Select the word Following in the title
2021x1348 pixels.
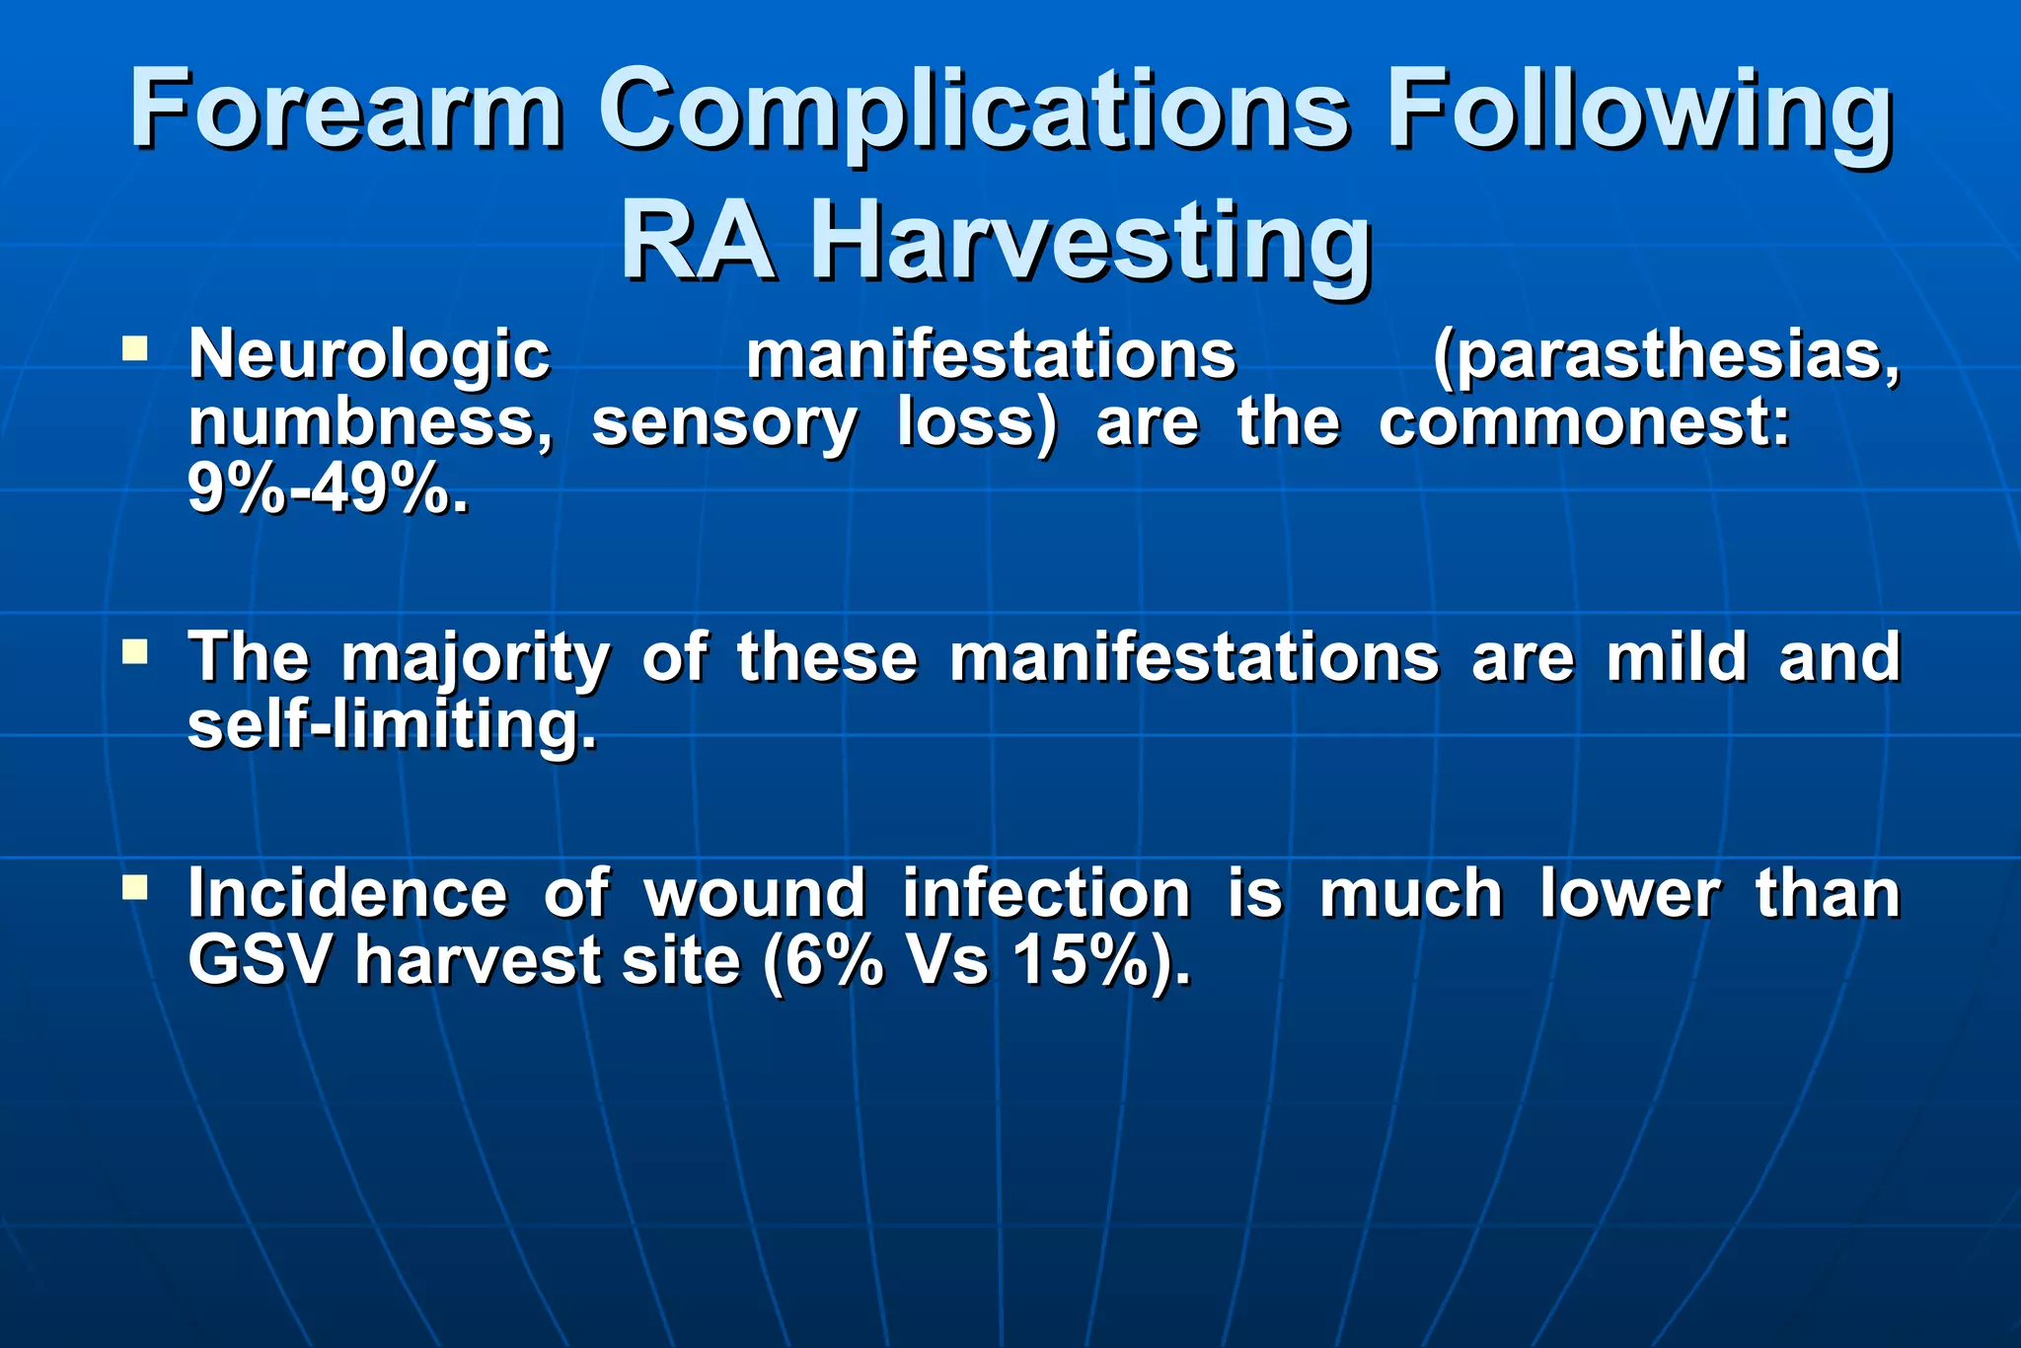(1639, 111)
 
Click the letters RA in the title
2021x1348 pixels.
(697, 243)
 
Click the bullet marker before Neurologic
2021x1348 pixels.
(135, 348)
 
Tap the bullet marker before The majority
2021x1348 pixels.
(135, 651)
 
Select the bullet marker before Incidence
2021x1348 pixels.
(135, 888)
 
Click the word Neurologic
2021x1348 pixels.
(369, 355)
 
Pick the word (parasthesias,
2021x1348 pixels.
(1666, 355)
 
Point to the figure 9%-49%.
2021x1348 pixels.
(328, 489)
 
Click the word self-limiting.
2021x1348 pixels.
(392, 725)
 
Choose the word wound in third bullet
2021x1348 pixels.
(754, 894)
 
